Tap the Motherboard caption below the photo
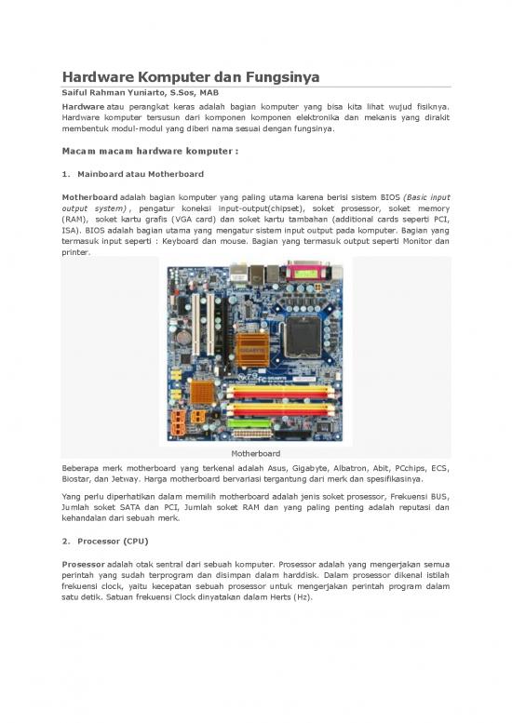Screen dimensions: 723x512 coord(256,453)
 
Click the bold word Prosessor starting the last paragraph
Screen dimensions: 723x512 coord(90,564)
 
